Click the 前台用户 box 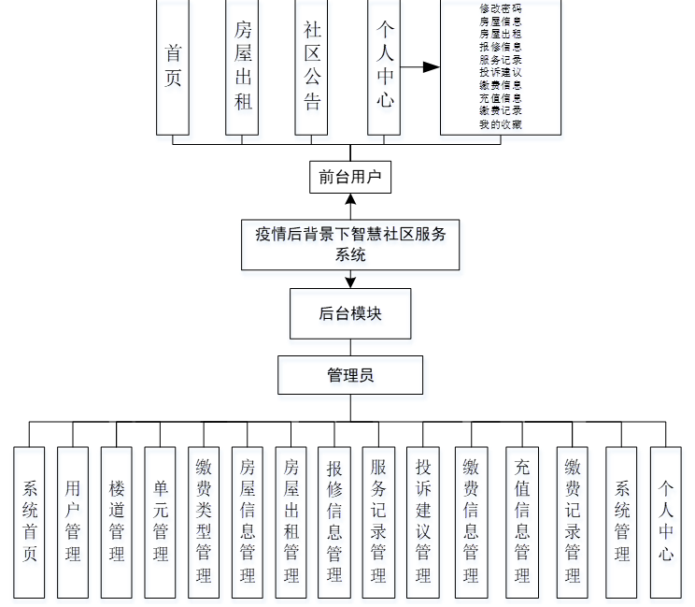349,177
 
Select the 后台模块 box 349,314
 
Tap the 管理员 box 349,375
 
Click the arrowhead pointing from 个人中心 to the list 431,67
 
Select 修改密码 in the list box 500,7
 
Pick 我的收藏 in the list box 500,124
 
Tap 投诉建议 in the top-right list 500,72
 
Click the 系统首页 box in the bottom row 30,521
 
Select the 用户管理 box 73,521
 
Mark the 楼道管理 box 117,521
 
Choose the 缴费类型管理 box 204,521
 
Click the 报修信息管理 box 333,521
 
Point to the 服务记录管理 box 377,521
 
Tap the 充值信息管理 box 521,521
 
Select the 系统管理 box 622,521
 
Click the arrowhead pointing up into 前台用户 350,199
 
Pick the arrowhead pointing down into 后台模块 350,282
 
